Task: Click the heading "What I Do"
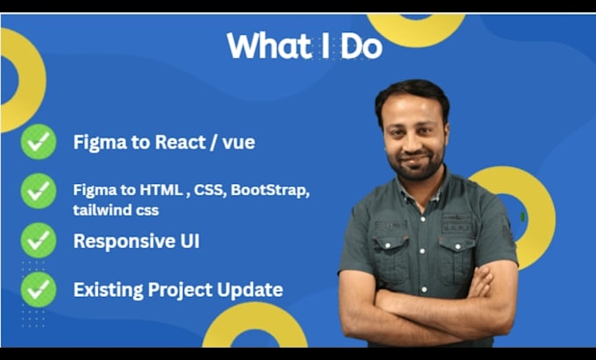(x=304, y=46)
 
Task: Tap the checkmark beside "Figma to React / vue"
(x=39, y=142)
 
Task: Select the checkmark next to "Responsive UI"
(x=39, y=240)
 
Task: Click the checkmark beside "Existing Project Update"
(x=39, y=289)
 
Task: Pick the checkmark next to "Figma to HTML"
(x=39, y=191)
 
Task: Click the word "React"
(x=181, y=143)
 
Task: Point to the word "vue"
(x=238, y=144)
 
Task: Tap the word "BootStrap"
(x=270, y=190)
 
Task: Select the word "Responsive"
(x=123, y=242)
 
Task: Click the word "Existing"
(x=109, y=290)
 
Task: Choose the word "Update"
(x=250, y=291)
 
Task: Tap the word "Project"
(x=181, y=291)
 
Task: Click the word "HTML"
(x=161, y=190)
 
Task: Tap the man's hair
(x=412, y=95)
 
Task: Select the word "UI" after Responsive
(x=189, y=241)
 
